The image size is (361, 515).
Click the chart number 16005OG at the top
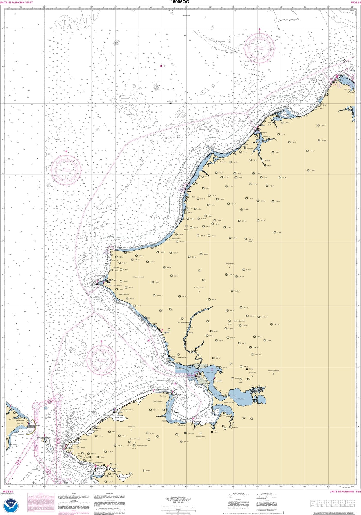tap(180, 2)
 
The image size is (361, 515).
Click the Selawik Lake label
tap(241, 399)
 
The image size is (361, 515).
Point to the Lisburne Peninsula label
tap(139, 277)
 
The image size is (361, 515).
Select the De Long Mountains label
tap(199, 288)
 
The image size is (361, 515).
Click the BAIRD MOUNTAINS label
tap(239, 321)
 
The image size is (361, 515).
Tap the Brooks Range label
tap(230, 264)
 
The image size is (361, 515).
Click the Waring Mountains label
tap(273, 371)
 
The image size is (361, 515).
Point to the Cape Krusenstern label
tap(182, 357)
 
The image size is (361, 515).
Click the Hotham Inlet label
tap(209, 372)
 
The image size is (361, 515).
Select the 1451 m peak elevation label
tap(276, 325)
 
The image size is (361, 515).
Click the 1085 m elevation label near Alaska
tap(251, 239)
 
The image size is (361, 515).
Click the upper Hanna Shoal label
tap(186, 15)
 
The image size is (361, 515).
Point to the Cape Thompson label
tap(124, 294)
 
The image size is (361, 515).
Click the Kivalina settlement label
tap(154, 323)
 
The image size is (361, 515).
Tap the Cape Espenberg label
tap(157, 401)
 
